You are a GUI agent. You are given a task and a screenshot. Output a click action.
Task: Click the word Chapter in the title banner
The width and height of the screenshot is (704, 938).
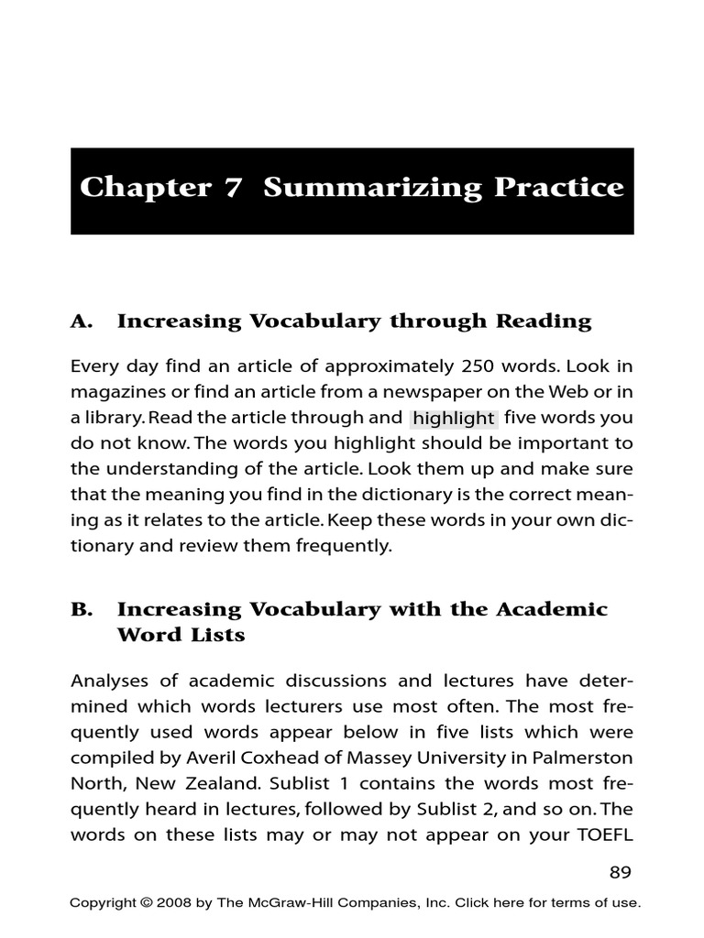[x=134, y=188]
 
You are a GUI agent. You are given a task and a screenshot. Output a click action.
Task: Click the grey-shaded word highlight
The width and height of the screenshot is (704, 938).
[x=453, y=419]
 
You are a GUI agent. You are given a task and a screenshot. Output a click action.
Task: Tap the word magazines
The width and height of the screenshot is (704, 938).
[x=114, y=393]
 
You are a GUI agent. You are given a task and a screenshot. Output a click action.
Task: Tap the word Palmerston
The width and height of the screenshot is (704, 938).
[x=588, y=758]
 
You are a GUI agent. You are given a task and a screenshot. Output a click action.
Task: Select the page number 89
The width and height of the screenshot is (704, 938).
[x=621, y=872]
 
